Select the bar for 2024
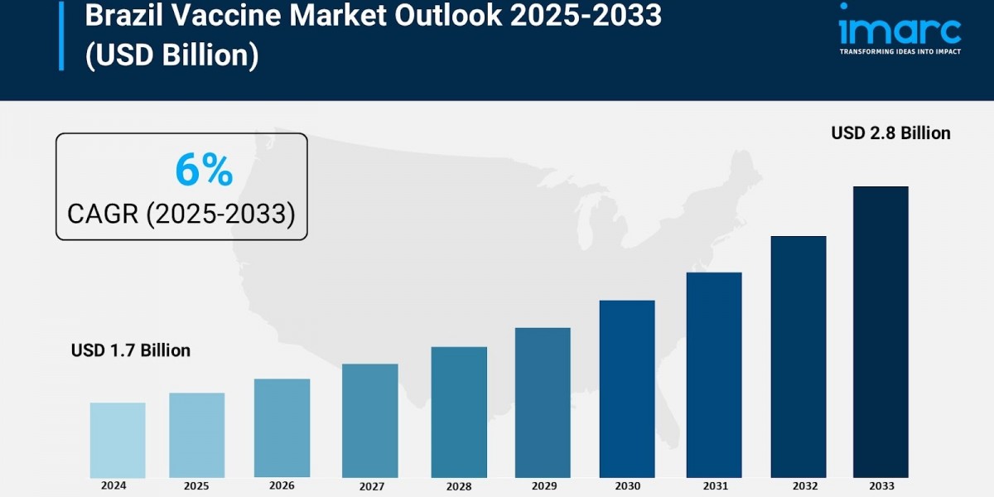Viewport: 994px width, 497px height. click(118, 440)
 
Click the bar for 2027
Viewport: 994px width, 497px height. click(369, 421)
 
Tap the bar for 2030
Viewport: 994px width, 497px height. click(627, 388)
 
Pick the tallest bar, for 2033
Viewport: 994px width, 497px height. click(881, 331)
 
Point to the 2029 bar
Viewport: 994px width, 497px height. click(543, 403)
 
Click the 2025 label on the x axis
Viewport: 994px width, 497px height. click(196, 486)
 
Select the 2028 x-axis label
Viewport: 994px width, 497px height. click(458, 487)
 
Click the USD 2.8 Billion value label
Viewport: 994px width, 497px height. click(890, 133)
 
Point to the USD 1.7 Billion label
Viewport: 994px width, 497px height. click(131, 350)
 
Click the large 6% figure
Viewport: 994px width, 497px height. click(204, 171)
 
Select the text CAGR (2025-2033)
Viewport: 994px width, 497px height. click(181, 215)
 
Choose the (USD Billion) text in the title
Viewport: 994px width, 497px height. click(171, 55)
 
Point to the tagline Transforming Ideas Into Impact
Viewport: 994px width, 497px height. click(900, 51)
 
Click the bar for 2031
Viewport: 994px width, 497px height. click(714, 374)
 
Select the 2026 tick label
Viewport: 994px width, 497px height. click(282, 486)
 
